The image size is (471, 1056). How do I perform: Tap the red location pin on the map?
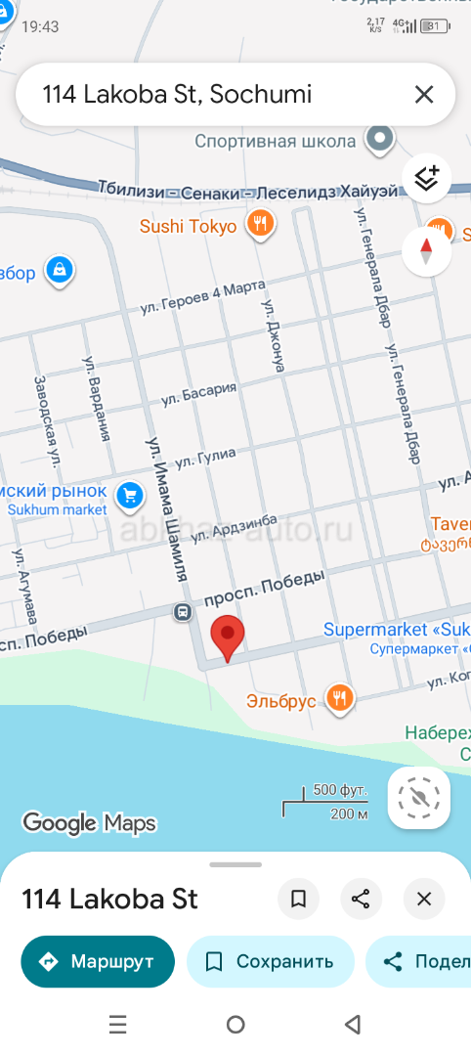228,637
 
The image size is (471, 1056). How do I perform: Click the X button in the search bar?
423,95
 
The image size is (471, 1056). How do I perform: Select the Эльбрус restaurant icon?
340,698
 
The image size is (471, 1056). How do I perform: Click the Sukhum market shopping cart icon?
129,497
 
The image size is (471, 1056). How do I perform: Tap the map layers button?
426,178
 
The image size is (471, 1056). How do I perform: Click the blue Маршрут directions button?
98,961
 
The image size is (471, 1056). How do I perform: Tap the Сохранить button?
270,961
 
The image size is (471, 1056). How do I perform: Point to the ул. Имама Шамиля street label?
166,509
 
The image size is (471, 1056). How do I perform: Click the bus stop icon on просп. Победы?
183,613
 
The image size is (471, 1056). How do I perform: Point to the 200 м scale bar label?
349,814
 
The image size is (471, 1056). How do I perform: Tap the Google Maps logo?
89,823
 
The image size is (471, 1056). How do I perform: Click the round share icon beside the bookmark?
361,899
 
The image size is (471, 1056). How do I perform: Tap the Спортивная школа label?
275,142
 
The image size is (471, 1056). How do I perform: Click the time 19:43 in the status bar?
40,26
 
